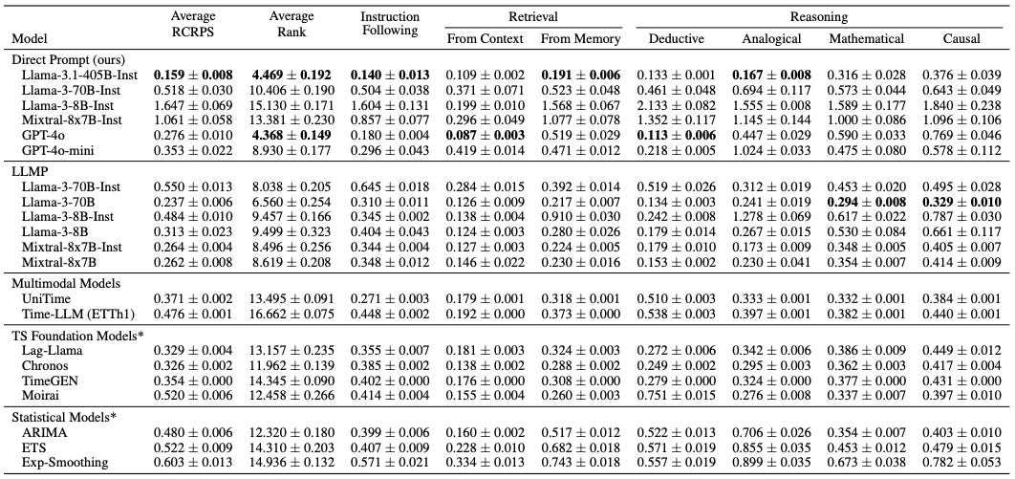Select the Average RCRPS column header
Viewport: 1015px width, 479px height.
coord(193,24)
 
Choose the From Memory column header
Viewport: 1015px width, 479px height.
coord(580,39)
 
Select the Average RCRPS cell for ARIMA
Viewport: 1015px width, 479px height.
coord(193,432)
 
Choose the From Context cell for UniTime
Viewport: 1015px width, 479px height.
coord(485,297)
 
